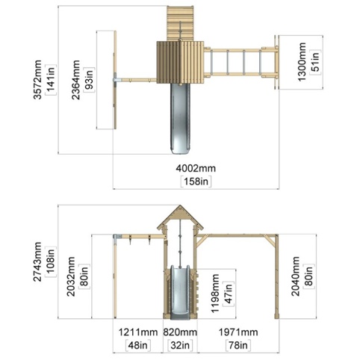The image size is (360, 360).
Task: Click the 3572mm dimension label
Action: click(38, 80)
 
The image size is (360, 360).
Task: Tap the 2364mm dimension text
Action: click(76, 80)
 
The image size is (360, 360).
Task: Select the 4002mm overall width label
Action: click(196, 169)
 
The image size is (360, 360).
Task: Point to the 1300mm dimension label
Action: click(302, 62)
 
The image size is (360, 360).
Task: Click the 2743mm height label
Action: click(38, 261)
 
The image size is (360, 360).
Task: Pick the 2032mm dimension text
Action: click(71, 276)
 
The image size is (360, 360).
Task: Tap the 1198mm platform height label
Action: click(214, 293)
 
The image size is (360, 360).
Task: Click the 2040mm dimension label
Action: click(296, 276)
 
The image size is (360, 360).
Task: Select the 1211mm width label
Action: click(138, 332)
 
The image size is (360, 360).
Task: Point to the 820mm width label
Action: click(180, 332)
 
